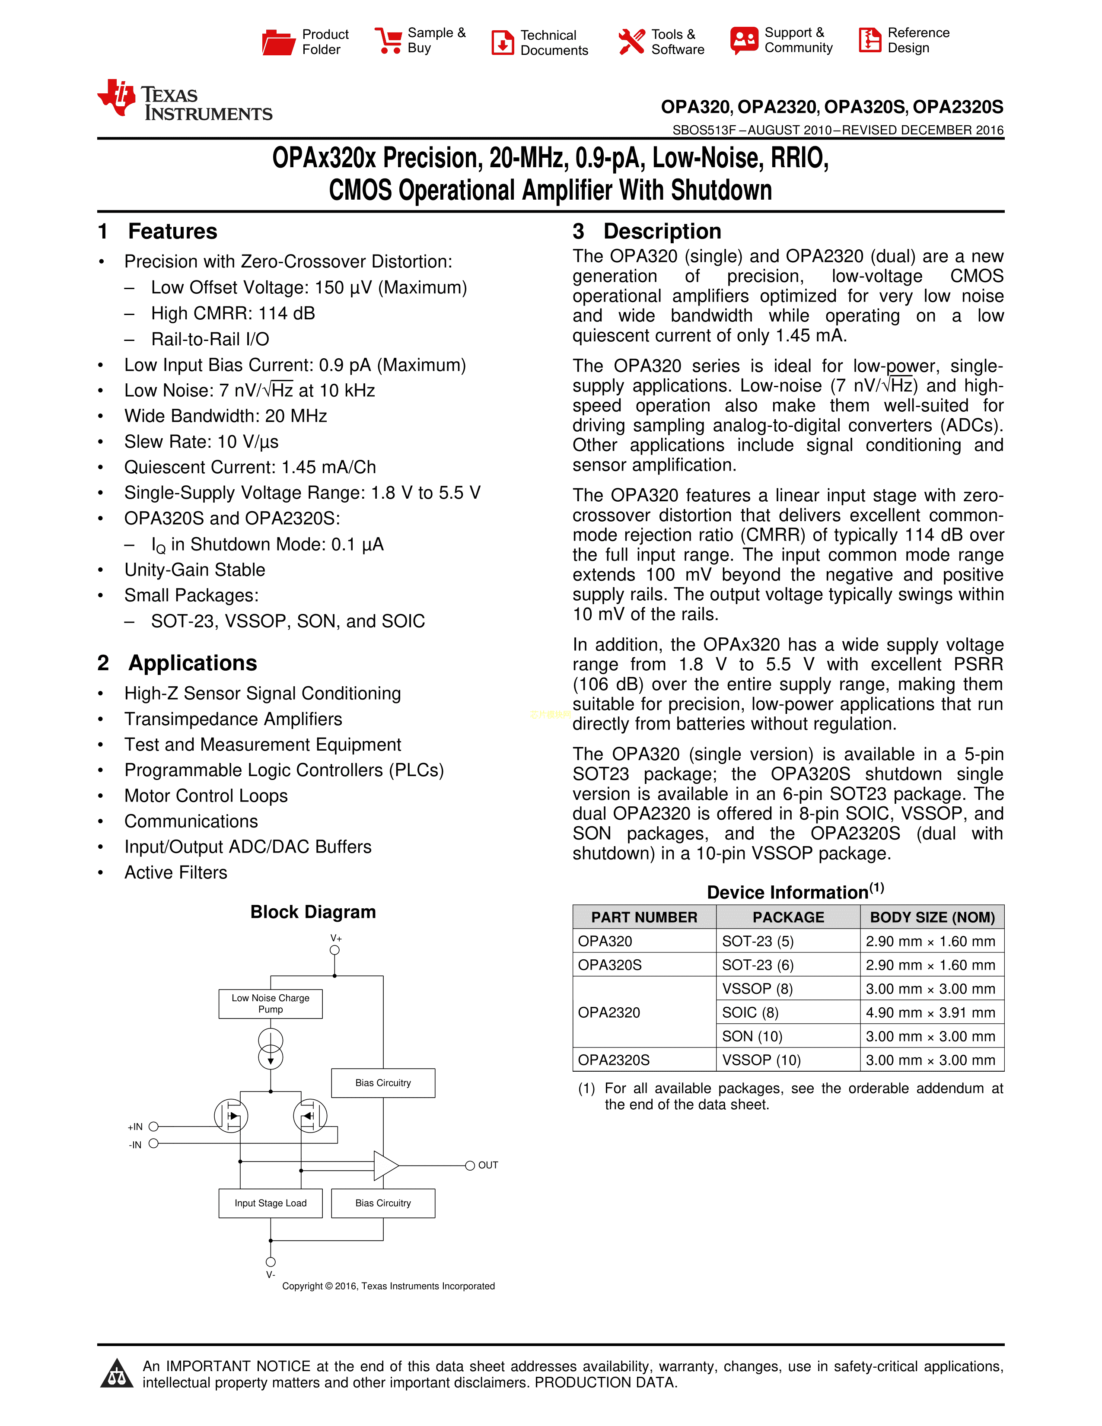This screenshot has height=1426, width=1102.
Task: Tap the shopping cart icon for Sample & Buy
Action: pyautogui.click(x=388, y=41)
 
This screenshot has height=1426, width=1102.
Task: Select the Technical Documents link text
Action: pyautogui.click(x=554, y=42)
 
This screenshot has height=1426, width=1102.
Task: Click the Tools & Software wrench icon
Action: pyautogui.click(x=631, y=42)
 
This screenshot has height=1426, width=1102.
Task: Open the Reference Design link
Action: pyautogui.click(x=918, y=41)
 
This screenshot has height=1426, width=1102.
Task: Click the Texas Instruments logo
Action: pyautogui.click(x=185, y=101)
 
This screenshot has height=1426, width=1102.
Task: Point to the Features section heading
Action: pyautogui.click(x=172, y=231)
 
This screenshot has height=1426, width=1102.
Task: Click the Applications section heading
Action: pyautogui.click(x=192, y=663)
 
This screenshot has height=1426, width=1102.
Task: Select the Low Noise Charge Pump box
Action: pyautogui.click(x=270, y=1003)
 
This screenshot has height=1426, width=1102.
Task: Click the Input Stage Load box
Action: pyautogui.click(x=270, y=1203)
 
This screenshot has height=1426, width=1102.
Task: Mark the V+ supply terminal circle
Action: pyautogui.click(x=335, y=950)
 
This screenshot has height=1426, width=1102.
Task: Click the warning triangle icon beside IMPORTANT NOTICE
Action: pyautogui.click(x=117, y=1373)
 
